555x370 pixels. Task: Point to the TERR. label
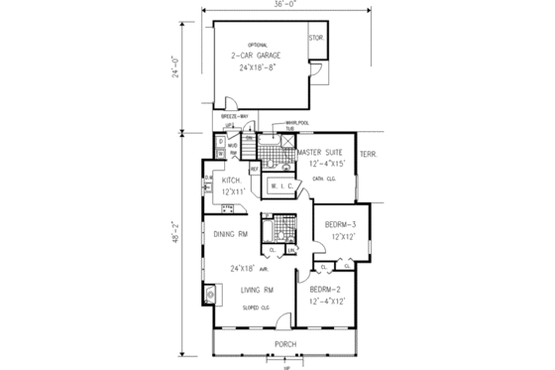pyautogui.click(x=370, y=154)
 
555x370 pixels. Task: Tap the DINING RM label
pyautogui.click(x=229, y=235)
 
